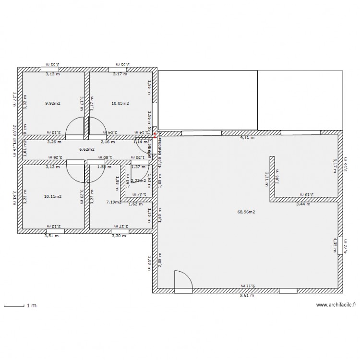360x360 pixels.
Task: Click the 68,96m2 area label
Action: coord(246,212)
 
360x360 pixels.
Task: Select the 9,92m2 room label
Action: coord(53,103)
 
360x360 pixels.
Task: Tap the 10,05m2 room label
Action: coord(120,103)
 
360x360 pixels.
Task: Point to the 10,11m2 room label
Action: coord(53,196)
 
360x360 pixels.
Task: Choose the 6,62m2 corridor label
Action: coord(87,149)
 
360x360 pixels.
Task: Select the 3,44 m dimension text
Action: coord(303,204)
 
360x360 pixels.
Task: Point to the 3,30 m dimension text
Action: coord(119,236)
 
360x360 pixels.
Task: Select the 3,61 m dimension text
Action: coord(14,196)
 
